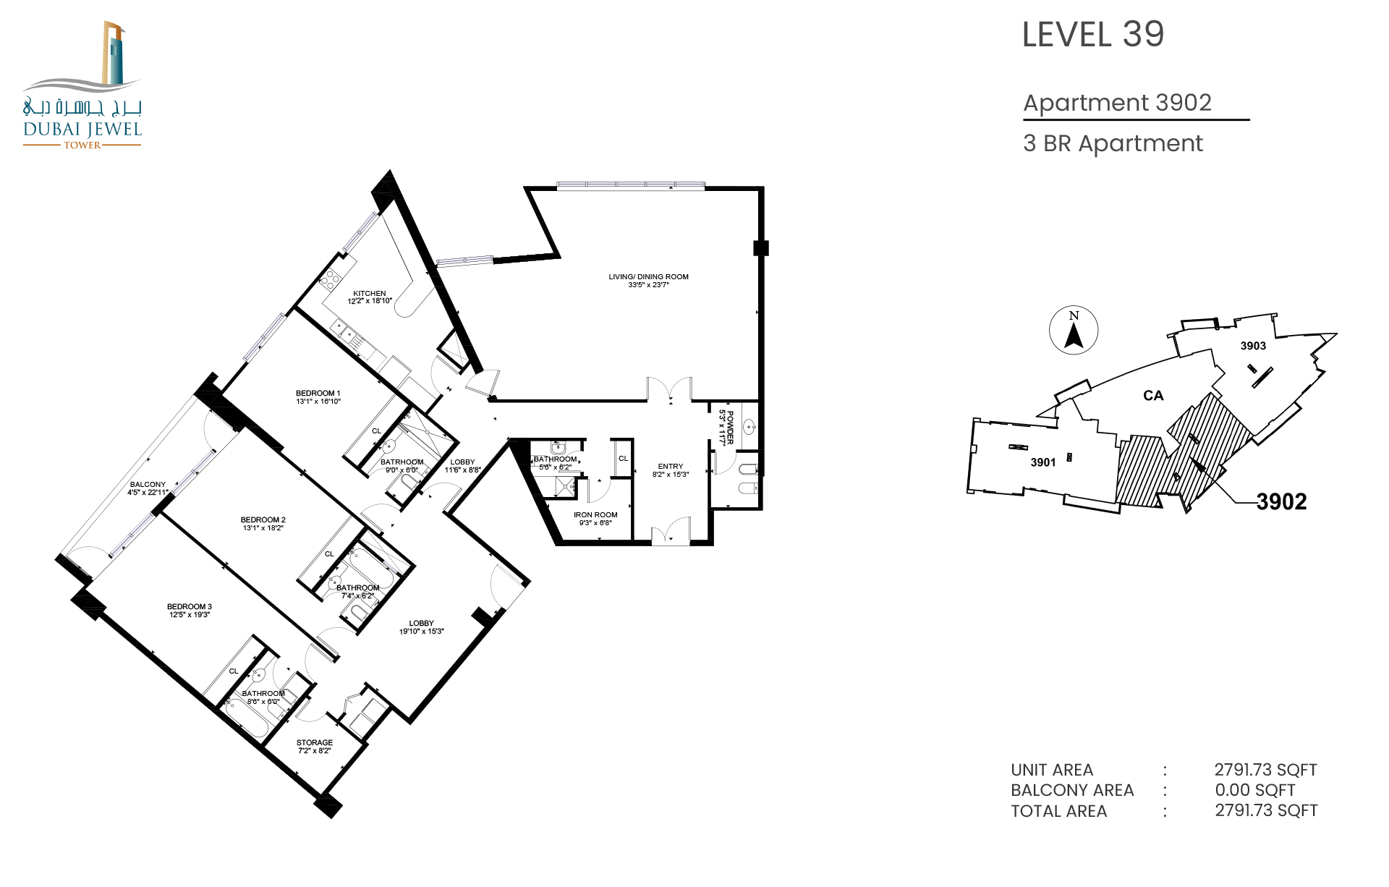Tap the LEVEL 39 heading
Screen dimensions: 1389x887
(1092, 35)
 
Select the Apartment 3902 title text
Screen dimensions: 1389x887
(1117, 103)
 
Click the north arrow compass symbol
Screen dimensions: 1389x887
(1074, 330)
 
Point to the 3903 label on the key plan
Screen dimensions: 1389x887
(1253, 346)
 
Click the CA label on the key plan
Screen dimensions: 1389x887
(1153, 396)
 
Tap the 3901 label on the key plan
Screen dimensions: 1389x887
(1043, 462)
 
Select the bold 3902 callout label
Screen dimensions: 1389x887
(1281, 501)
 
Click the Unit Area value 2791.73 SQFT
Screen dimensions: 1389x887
(1265, 770)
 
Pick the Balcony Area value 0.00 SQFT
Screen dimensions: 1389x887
(1254, 790)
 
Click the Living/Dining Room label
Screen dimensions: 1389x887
(648, 281)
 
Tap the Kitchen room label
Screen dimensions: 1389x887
(370, 297)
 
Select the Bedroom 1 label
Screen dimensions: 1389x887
(318, 397)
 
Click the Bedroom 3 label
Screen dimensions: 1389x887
(190, 611)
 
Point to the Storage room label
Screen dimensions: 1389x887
(315, 747)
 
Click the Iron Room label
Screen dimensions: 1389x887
(595, 519)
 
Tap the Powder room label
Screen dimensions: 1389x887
(726, 428)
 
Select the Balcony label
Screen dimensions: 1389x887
(148, 488)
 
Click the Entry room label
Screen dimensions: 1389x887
(671, 470)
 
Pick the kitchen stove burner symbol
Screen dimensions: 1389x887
(330, 279)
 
